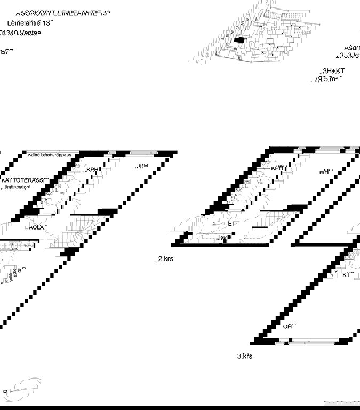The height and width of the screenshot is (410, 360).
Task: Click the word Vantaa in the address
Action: pyautogui.click(x=31, y=33)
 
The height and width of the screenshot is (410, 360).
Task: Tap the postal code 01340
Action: pyautogui.click(x=9, y=33)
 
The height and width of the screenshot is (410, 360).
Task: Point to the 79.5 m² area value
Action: pyautogui.click(x=327, y=78)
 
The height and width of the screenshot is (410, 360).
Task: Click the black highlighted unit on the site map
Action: pyautogui.click(x=239, y=40)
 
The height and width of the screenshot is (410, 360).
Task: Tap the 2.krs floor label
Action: pyautogui.click(x=164, y=258)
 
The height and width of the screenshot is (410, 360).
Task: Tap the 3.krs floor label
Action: pyautogui.click(x=245, y=356)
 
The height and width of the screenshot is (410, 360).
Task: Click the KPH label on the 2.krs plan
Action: pyautogui.click(x=93, y=170)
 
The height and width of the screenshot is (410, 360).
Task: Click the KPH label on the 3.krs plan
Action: pyautogui.click(x=278, y=168)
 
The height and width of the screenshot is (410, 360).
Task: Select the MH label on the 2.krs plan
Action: pyautogui.click(x=141, y=167)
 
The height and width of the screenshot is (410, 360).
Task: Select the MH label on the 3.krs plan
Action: pyautogui.click(x=326, y=171)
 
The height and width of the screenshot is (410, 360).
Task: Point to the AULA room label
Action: pyautogui.click(x=37, y=227)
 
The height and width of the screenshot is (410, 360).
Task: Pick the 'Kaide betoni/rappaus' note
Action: pyautogui.click(x=53, y=155)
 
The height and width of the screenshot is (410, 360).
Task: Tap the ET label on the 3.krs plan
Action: pyautogui.click(x=233, y=224)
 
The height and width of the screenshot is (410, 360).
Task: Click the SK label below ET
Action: pyautogui.click(x=221, y=238)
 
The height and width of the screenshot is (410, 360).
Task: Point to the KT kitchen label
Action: pyautogui.click(x=347, y=274)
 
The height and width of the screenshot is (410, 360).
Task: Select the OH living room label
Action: pyautogui.click(x=288, y=326)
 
